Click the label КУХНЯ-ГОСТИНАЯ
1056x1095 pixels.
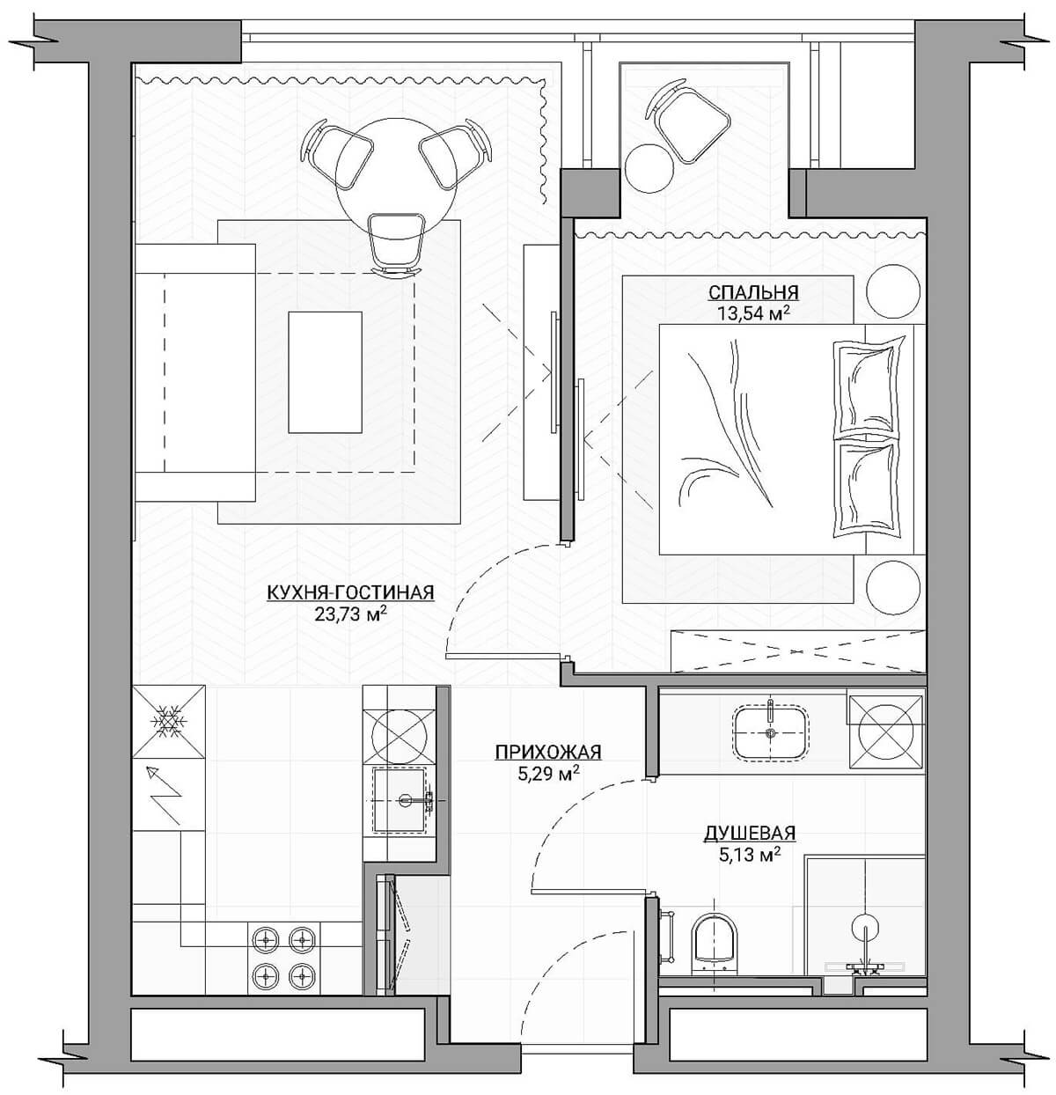tap(350, 593)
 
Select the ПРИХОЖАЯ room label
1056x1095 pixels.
tap(548, 752)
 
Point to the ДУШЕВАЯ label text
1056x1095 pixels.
tap(750, 832)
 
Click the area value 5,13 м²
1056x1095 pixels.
tap(750, 855)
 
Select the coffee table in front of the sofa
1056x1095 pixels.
tap(325, 372)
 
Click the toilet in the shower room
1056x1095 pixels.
tap(714, 946)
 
